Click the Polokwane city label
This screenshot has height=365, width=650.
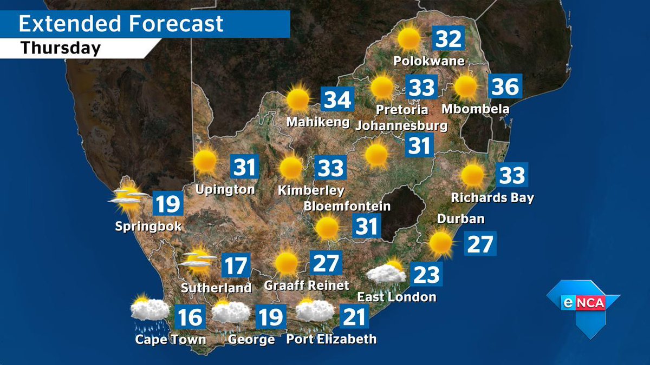429,61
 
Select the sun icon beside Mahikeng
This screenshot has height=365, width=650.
297,99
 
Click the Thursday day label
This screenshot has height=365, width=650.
61,49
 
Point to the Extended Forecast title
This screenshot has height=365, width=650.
121,24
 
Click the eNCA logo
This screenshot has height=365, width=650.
582,303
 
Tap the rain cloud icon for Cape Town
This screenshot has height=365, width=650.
149,312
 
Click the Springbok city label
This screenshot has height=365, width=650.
148,226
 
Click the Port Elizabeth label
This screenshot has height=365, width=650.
331,340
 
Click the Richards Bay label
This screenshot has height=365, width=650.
492,198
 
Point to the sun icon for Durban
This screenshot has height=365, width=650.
440,243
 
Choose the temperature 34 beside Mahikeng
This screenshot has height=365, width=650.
337,100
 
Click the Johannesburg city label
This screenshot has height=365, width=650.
401,126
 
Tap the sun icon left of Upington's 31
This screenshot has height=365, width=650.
205,161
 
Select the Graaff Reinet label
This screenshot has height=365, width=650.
307,285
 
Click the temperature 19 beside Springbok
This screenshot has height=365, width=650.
167,204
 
